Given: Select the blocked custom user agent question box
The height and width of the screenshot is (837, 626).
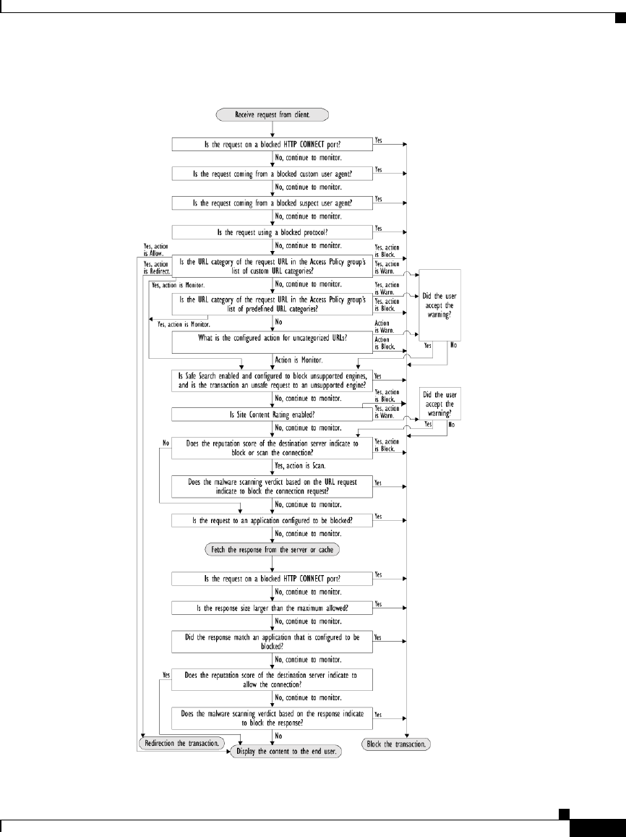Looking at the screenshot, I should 271,174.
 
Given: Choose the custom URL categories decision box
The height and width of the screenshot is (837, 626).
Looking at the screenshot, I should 271,267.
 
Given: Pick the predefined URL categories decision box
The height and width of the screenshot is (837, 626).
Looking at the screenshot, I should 271,303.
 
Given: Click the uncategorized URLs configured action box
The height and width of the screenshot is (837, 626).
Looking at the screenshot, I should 271,342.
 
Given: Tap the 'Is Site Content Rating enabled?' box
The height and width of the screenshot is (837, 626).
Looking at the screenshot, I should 271,414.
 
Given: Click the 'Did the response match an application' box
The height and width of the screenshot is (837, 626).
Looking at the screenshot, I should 271,641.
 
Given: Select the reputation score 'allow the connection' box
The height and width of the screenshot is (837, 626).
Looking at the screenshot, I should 271,679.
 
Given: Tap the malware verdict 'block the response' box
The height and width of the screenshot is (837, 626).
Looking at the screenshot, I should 271,717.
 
